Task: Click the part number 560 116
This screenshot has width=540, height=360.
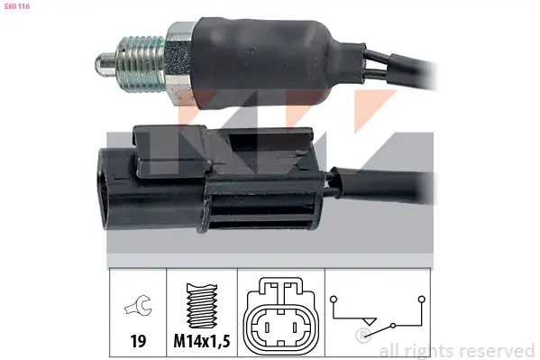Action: click(x=17, y=6)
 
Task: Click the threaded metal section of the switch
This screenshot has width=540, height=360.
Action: click(x=141, y=63)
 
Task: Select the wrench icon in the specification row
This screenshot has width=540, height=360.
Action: click(x=139, y=305)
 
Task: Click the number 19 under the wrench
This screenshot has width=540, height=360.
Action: click(x=138, y=341)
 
